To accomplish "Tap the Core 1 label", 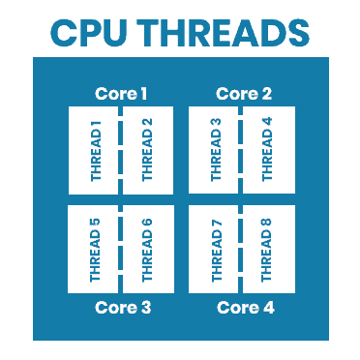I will click(x=121, y=94).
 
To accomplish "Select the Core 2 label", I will click(x=244, y=94).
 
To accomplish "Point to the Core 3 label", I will click(x=121, y=308).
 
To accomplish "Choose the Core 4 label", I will click(x=244, y=308).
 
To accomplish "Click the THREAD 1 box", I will click(x=94, y=150).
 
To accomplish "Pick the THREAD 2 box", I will click(x=148, y=150).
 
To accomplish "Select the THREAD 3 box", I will click(x=214, y=150).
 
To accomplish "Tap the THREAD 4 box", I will click(x=268, y=150).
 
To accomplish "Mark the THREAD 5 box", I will click(x=94, y=249).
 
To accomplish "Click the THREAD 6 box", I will click(x=148, y=249).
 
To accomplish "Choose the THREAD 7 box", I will click(x=214, y=249).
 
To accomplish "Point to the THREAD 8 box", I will click(x=268, y=249).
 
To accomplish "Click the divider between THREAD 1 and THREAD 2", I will click(x=121, y=150).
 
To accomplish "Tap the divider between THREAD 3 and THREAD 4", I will click(x=241, y=150).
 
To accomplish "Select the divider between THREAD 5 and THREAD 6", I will click(x=121, y=249).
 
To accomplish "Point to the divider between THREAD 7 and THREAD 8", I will click(x=241, y=249).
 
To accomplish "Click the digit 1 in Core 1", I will click(x=143, y=94).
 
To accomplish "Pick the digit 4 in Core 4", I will click(x=268, y=308).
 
